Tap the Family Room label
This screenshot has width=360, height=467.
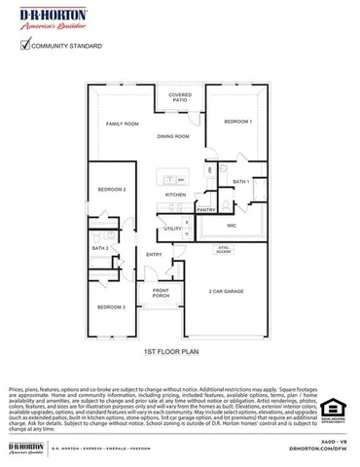(123, 125)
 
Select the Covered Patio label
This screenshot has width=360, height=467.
(180, 98)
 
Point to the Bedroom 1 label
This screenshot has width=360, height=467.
(237, 121)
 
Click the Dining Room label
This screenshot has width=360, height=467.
(173, 136)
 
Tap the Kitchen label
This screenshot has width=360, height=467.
(175, 195)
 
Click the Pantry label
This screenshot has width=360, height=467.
(205, 209)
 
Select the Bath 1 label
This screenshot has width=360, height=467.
(241, 181)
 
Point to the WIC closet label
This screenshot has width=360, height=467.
(232, 225)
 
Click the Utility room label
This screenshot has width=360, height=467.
(172, 229)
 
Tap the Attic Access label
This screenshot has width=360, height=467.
(223, 248)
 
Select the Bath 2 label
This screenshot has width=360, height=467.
(99, 248)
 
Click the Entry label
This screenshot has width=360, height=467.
(154, 255)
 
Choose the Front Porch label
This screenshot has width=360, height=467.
(160, 294)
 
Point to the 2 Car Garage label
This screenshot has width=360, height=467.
(226, 291)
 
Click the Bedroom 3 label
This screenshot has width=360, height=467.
(110, 306)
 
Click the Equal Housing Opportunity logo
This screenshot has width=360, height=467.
(333, 410)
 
